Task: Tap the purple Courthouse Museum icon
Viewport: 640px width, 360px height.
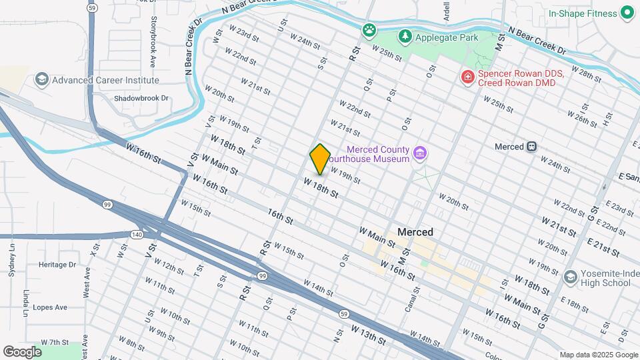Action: click(420, 154)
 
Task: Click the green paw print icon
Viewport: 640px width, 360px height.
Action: click(369, 29)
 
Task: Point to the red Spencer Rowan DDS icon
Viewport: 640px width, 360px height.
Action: click(468, 77)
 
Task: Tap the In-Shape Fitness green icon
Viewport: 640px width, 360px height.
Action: click(627, 13)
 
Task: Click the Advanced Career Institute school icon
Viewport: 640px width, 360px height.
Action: click(42, 80)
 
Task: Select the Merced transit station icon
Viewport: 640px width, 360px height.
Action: click(531, 147)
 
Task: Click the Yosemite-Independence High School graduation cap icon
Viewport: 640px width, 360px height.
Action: click(570, 277)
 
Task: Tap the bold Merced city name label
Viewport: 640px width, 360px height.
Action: click(415, 232)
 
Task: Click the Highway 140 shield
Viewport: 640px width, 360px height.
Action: click(137, 235)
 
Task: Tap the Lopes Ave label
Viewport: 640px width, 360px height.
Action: click(52, 307)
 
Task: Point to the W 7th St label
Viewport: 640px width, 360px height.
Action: click(55, 342)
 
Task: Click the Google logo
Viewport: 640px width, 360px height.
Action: click(22, 351)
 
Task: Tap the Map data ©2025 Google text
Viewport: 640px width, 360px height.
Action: click(598, 355)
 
